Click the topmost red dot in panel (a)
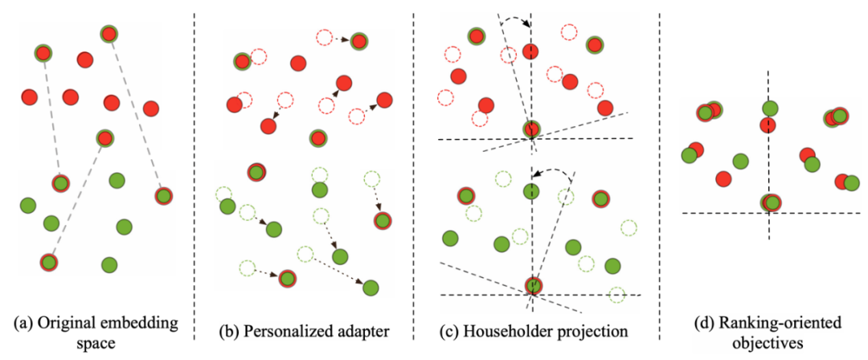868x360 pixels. (x=109, y=34)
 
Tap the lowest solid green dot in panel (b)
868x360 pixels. (x=371, y=287)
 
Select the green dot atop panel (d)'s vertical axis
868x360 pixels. (x=770, y=108)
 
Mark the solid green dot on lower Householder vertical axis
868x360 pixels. (x=530, y=191)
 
